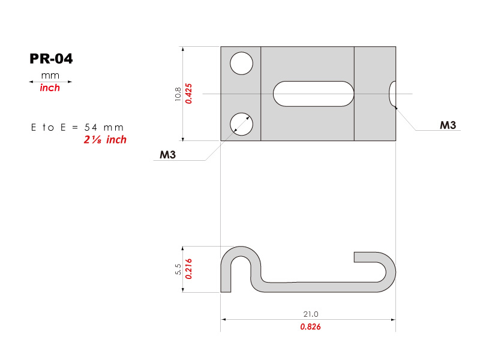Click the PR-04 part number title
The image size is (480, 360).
point(51,59)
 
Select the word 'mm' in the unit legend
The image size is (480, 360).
point(50,76)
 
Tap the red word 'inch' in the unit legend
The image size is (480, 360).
point(50,88)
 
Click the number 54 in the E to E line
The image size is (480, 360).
point(91,127)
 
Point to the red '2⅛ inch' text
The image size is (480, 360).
point(105,140)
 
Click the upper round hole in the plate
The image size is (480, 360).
point(242,64)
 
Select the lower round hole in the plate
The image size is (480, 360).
point(242,124)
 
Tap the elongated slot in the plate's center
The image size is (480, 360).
point(313,94)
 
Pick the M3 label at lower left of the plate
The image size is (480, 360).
point(168,155)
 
